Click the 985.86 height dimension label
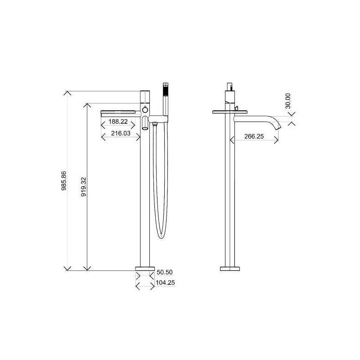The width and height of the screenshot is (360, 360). pos(64,181)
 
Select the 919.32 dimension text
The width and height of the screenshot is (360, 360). pos(84,186)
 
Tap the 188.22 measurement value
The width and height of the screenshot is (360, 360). pos(118,121)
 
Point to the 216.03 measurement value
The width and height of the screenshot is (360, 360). pos(121,133)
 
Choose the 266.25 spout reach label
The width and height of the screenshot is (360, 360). pos(254,136)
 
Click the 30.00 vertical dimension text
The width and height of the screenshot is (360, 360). pos(288,101)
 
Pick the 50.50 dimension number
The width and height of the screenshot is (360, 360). pos(165,272)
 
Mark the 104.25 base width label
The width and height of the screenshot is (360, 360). pos(165,283)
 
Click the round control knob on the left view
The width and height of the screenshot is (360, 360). pos(145,110)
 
